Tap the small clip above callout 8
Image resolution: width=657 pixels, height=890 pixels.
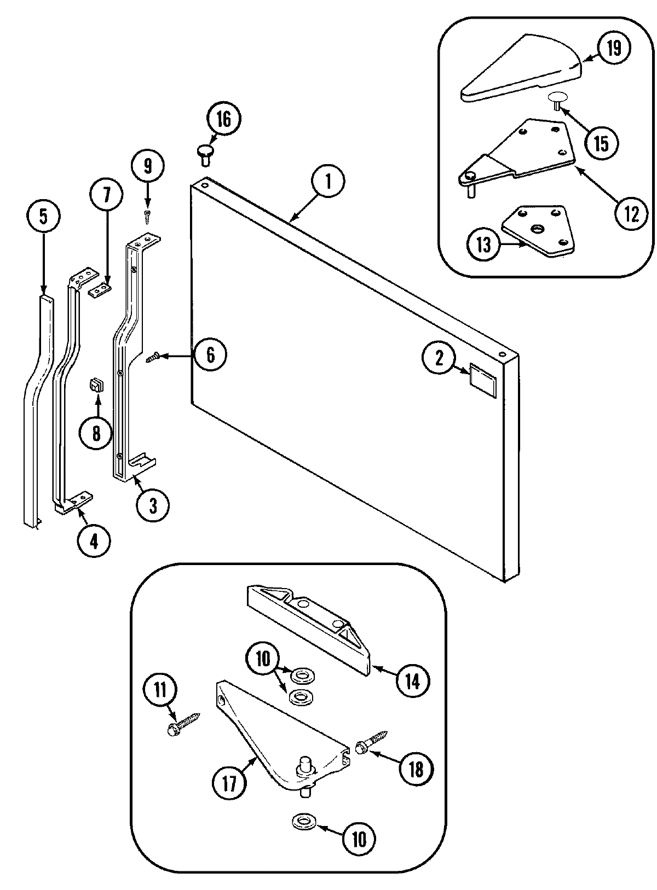[x=96, y=386]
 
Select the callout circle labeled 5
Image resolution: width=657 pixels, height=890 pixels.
[x=43, y=217]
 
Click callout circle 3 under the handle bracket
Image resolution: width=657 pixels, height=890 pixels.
[x=153, y=505]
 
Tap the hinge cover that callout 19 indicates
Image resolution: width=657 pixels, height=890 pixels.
[x=520, y=68]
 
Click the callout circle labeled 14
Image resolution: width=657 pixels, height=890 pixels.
[x=412, y=681]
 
